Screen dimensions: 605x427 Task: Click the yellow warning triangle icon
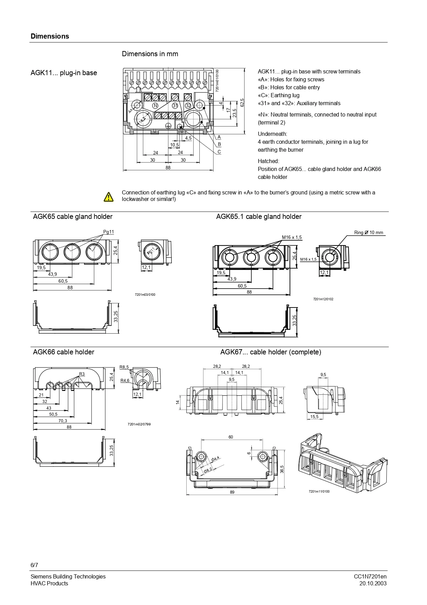pos(108,196)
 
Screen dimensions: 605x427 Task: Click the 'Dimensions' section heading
pos(50,36)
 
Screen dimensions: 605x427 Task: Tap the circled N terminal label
pos(155,105)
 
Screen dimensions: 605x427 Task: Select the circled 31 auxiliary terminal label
pos(175,105)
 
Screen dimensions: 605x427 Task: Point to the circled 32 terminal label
pos(188,105)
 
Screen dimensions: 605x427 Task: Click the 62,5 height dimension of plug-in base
pos(242,102)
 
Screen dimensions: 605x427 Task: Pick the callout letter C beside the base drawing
pos(219,152)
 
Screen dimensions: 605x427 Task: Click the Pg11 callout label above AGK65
pos(108,232)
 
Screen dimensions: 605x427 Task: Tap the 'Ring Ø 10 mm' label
pos(368,232)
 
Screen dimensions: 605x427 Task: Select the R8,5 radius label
pos(124,367)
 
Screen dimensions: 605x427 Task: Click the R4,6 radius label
pos(125,380)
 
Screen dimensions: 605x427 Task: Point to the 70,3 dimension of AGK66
pos(63,421)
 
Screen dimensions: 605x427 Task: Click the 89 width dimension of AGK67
pos(232,492)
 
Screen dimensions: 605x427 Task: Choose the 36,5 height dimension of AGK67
pos(282,469)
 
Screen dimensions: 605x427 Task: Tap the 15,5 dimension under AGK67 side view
pos(314,417)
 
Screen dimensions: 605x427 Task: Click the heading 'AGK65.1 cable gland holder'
pos(259,216)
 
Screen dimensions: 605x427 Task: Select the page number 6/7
pos(34,565)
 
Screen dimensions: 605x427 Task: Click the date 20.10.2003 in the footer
pos(373,583)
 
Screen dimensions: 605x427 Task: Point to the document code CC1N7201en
pos(370,576)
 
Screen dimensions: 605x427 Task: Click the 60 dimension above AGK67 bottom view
pos(231,437)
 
